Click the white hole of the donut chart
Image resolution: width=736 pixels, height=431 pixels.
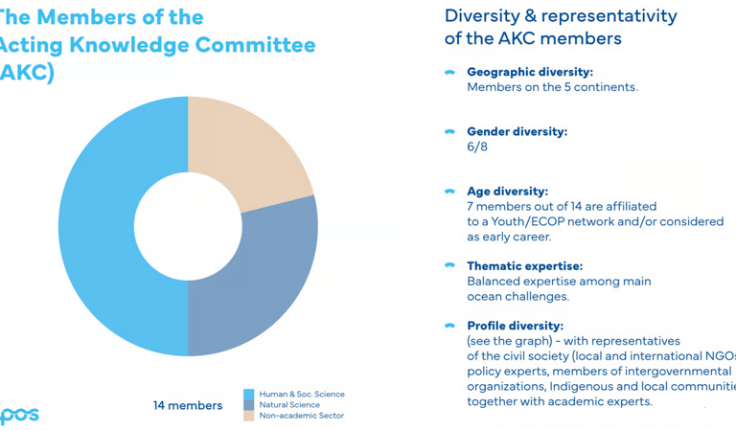coord(188,226)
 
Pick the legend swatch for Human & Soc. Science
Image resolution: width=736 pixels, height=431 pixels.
coord(249,394)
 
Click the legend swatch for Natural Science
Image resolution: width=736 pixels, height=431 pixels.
coord(249,405)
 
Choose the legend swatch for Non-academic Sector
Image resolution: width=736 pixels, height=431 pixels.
coord(249,416)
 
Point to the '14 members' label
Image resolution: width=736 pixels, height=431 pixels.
coord(188,405)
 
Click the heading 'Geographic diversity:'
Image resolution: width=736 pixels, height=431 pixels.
coord(529,72)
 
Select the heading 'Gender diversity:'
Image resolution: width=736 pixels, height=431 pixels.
coord(517,131)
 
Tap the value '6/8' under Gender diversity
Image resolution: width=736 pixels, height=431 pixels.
coord(477,147)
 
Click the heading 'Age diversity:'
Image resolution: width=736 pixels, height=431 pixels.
coord(507,192)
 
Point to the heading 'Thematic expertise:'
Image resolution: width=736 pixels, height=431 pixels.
coord(524,266)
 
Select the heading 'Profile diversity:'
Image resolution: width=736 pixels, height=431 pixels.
coord(515,326)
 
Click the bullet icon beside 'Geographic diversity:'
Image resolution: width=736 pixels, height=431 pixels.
coord(449,72)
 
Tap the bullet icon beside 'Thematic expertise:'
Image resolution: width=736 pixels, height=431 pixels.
coord(449,265)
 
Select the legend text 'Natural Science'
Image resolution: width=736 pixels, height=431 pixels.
coord(289,405)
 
